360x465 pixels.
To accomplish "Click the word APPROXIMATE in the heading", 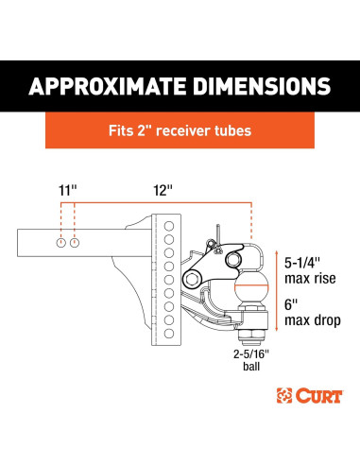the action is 109,86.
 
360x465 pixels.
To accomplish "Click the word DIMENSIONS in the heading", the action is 263,86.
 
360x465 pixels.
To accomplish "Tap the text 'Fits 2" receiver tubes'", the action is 180,130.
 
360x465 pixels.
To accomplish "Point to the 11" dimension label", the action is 68,190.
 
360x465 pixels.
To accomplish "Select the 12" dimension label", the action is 163,190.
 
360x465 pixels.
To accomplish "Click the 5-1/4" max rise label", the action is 310,270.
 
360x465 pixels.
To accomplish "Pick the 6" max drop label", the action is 313,313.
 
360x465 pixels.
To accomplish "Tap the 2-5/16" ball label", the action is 251,360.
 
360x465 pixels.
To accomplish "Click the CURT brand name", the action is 319,396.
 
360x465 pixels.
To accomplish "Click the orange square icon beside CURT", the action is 284,396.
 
